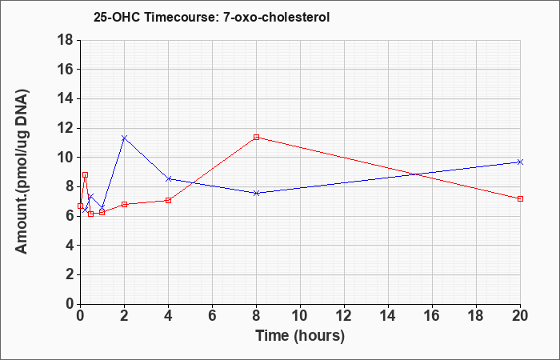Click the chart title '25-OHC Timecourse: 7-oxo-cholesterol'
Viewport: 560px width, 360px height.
point(211,17)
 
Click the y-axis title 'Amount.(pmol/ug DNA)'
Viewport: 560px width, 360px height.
point(22,172)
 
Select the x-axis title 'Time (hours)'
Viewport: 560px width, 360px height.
point(300,337)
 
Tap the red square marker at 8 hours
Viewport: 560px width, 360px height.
point(256,137)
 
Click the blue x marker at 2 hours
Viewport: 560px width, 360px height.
point(124,138)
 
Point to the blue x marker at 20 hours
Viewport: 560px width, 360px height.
point(520,162)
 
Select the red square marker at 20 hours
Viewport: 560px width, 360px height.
point(520,198)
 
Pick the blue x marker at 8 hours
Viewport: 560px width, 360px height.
point(256,193)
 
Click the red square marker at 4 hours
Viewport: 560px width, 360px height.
point(168,200)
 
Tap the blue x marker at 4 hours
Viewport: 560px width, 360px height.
point(168,178)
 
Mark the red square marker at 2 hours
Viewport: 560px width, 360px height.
point(124,204)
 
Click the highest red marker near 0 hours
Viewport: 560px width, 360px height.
point(85,175)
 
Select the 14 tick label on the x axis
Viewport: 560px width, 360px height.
point(388,315)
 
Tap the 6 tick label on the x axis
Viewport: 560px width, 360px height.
point(212,315)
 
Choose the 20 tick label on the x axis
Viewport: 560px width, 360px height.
point(520,315)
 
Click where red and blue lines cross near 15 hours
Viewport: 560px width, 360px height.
point(416,174)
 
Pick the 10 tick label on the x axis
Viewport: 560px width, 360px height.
point(300,315)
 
